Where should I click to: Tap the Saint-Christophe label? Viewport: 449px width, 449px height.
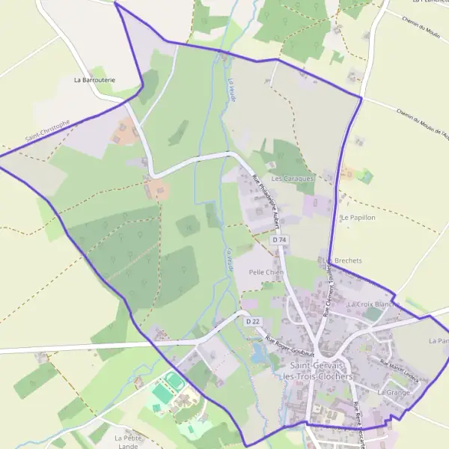(46, 131)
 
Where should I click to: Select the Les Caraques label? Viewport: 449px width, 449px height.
(293, 180)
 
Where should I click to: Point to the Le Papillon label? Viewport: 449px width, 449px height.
(357, 218)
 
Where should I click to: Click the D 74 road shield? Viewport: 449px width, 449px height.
(279, 239)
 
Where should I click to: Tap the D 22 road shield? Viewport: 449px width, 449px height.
(253, 321)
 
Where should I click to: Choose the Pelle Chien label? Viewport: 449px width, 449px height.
(265, 272)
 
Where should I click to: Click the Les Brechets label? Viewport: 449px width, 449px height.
(344, 260)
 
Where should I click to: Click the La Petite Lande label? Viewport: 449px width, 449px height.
(128, 442)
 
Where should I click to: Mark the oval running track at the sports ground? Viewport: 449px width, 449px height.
(174, 382)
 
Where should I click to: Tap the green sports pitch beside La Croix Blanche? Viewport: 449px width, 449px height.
(373, 315)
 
